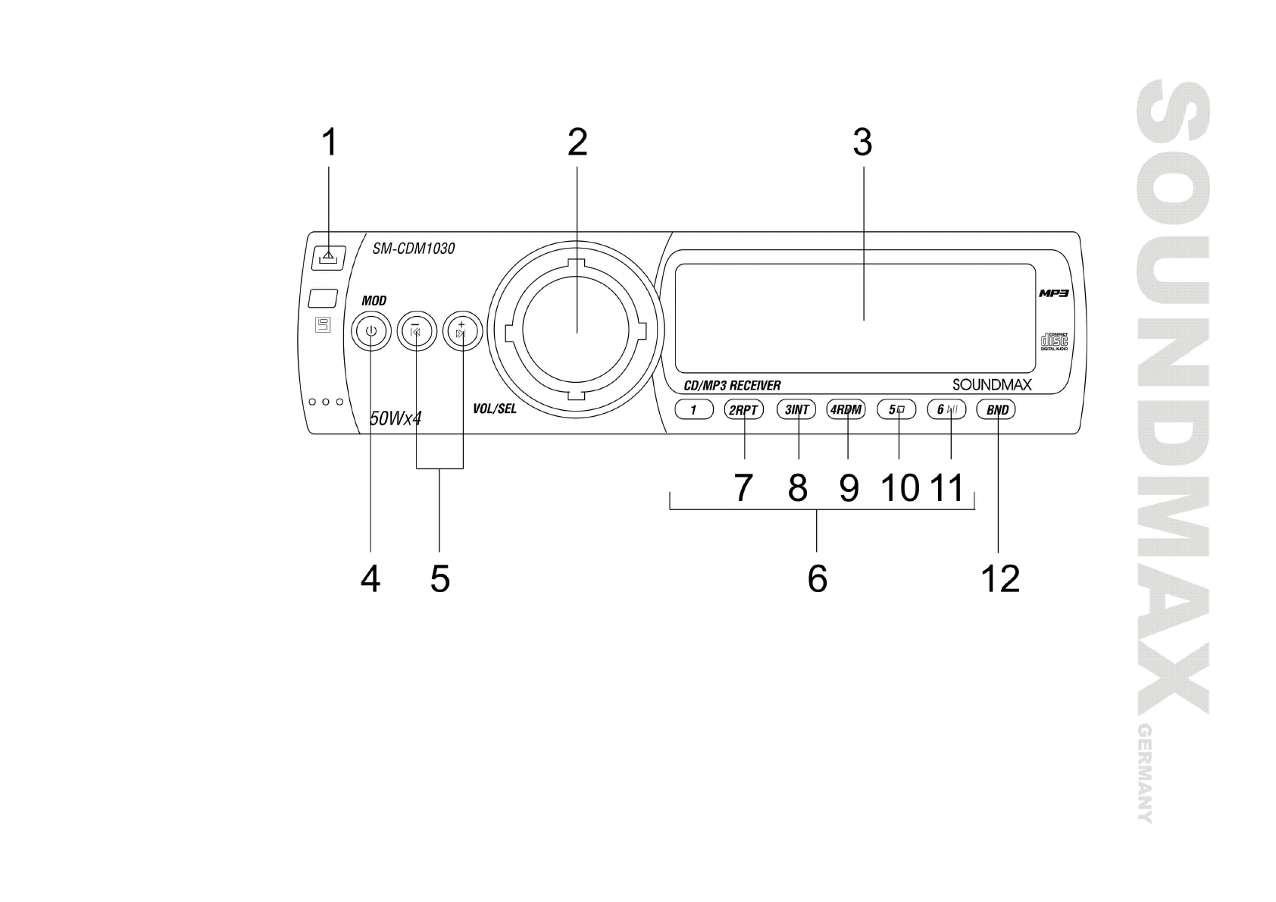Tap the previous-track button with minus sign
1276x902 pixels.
pos(415,330)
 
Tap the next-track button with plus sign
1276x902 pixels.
pos(461,330)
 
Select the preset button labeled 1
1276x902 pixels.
pos(693,410)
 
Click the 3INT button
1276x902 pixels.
pos(796,410)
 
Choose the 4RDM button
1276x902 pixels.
pos(846,410)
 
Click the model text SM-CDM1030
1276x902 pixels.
pos(413,249)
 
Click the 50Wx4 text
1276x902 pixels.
pos(395,418)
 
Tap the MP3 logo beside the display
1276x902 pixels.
pos(1052,293)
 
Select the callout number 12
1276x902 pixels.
pos(1000,580)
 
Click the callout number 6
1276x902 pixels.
pos(817,580)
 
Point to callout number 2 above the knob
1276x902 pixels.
pos(577,143)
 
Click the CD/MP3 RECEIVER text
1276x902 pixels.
pos(732,386)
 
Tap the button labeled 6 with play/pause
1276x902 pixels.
pos(947,410)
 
